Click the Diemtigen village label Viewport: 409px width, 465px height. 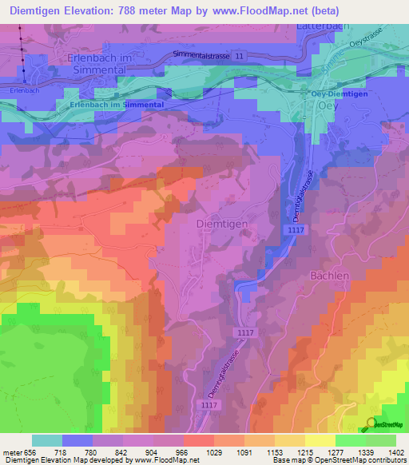pyautogui.click(x=221, y=225)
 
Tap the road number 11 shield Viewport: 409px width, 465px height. pyautogui.click(x=240, y=54)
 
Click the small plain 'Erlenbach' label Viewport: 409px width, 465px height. pyautogui.click(x=25, y=90)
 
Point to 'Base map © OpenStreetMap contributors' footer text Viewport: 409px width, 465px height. pyautogui.click(x=340, y=461)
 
